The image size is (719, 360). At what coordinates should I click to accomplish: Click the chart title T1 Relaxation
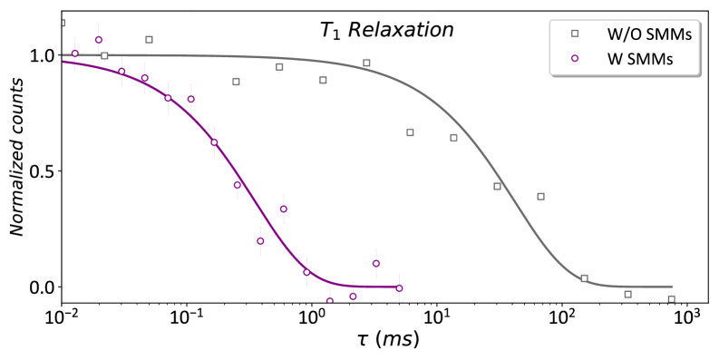pyautogui.click(x=386, y=30)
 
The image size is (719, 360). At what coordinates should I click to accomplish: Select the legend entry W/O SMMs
pyautogui.click(x=636, y=34)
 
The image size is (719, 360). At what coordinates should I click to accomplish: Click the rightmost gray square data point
pyautogui.click(x=672, y=299)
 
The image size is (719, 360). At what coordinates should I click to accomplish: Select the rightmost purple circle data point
pyautogui.click(x=399, y=288)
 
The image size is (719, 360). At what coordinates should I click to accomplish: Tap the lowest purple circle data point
pyautogui.click(x=330, y=301)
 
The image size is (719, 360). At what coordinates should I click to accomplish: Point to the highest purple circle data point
pyautogui.click(x=99, y=40)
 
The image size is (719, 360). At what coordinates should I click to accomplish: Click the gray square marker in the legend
pyautogui.click(x=574, y=34)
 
